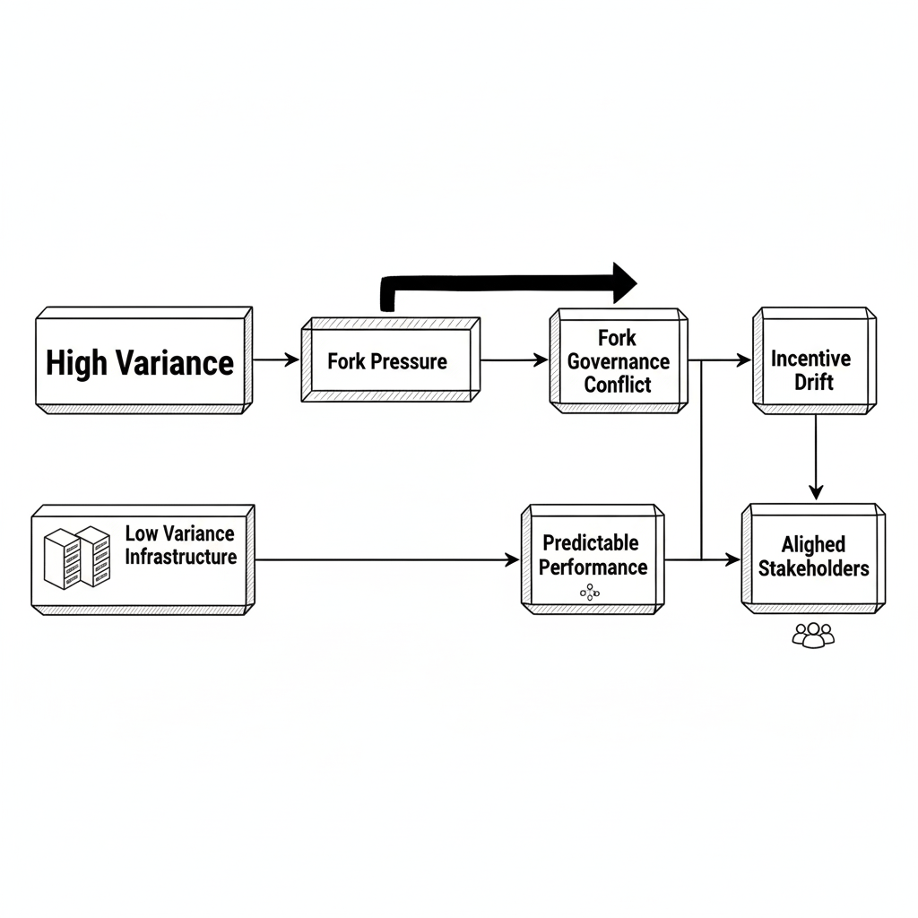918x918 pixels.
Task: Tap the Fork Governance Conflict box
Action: pos(618,360)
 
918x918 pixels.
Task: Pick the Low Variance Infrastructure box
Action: pos(141,559)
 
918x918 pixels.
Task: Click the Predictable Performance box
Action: pos(592,559)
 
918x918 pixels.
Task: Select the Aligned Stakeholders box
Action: pos(812,558)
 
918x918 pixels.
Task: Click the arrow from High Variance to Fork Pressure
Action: pos(276,360)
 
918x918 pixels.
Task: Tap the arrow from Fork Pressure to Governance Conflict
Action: pos(514,360)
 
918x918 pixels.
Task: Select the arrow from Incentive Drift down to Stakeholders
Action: pos(815,457)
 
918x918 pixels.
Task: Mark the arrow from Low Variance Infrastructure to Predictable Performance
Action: pos(385,559)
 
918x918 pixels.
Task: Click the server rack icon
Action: pos(77,556)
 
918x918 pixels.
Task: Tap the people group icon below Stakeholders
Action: pos(813,635)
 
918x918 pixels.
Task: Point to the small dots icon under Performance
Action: pos(589,592)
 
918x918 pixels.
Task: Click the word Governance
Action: pos(618,361)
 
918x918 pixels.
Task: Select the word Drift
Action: pos(813,382)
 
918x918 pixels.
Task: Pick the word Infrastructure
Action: pos(180,557)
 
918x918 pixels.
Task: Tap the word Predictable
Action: pos(591,543)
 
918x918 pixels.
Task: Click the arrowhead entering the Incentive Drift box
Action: pos(745,360)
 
